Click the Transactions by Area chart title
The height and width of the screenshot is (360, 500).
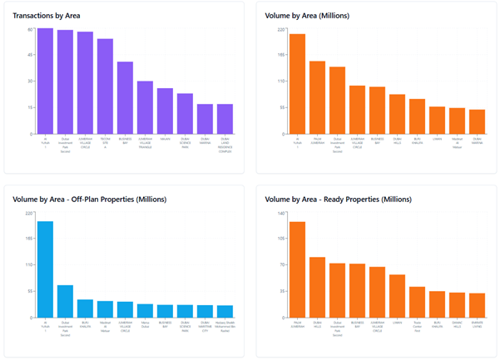(47, 16)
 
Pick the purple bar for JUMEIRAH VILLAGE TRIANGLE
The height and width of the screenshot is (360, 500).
(145, 107)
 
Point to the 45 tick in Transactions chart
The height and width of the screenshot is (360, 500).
(30, 56)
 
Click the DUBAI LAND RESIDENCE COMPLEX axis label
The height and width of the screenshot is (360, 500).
(225, 144)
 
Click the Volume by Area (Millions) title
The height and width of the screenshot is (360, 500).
(307, 16)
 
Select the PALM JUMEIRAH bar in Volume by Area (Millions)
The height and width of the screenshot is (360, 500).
(317, 97)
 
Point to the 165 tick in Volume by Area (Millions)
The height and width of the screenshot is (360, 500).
(281, 56)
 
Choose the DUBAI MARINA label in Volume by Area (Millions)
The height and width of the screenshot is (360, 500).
(477, 141)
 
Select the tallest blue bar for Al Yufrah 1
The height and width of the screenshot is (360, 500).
(45, 269)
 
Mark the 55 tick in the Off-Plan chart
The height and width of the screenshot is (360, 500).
(30, 291)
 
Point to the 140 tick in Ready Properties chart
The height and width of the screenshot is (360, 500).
(281, 214)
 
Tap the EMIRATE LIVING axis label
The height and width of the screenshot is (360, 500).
(477, 325)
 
